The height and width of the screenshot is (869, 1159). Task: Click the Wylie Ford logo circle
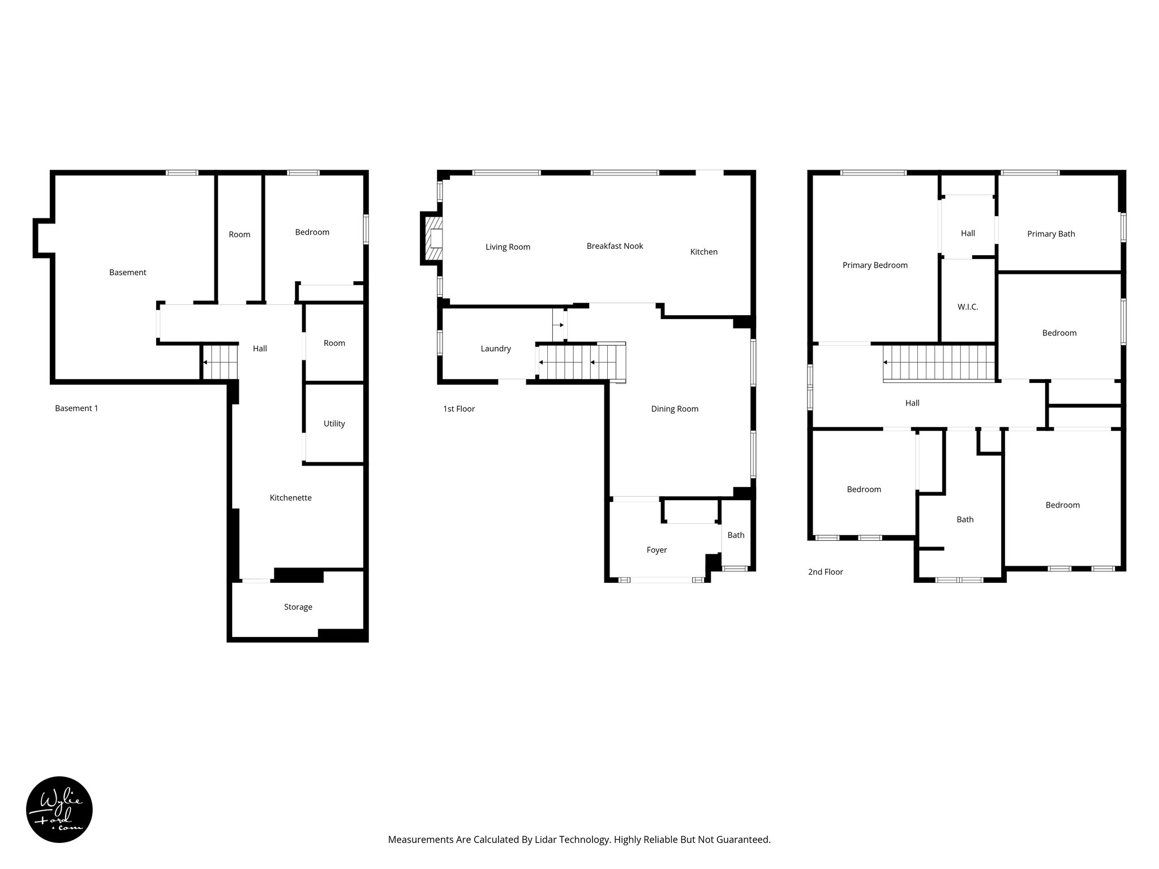(x=59, y=810)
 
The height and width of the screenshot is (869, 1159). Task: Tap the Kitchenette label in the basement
(x=290, y=498)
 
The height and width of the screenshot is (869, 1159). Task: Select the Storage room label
(x=298, y=607)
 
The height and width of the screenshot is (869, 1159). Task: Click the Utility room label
(x=334, y=424)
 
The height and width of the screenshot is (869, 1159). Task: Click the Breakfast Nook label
(x=615, y=246)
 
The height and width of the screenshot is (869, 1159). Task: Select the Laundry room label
(x=496, y=349)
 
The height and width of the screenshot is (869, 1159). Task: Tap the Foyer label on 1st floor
(x=656, y=550)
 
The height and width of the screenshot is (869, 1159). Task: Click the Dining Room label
(x=675, y=409)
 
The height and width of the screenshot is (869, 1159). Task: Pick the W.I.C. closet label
(x=968, y=307)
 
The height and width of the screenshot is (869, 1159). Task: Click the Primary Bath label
(x=1051, y=234)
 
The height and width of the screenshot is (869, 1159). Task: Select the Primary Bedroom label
(x=875, y=265)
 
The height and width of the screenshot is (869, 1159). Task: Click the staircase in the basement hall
(x=220, y=362)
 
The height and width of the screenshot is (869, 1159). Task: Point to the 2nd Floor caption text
(x=825, y=572)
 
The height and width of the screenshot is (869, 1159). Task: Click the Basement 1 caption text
(x=76, y=408)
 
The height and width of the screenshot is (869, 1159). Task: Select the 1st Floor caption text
(x=458, y=409)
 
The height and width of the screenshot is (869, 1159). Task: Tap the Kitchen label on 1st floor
(x=703, y=252)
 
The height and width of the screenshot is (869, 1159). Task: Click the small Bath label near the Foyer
(x=736, y=535)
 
